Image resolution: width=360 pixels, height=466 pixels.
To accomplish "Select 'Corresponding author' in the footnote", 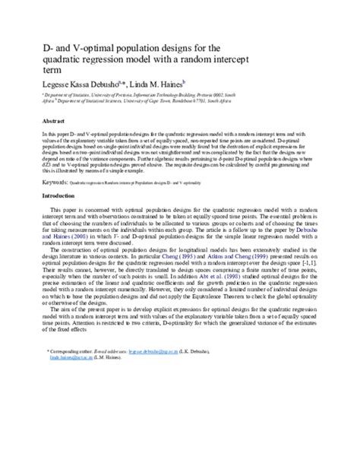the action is (75, 417).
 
